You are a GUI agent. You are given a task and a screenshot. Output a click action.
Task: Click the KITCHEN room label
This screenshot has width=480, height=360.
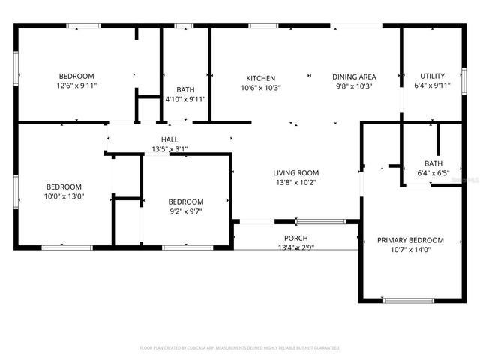261,78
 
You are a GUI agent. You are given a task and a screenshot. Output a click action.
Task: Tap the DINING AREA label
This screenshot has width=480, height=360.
354,76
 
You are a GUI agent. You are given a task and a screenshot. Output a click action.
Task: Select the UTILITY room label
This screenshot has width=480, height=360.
432,76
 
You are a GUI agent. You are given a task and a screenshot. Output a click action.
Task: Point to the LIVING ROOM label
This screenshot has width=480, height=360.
295,173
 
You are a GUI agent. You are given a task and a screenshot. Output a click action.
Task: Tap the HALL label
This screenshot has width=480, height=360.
169,139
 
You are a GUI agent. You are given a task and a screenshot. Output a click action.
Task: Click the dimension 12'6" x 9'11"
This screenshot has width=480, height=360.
76,85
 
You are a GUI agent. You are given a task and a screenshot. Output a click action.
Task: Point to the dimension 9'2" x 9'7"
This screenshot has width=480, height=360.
185,211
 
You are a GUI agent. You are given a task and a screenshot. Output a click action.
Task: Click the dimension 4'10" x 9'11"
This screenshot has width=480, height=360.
185,99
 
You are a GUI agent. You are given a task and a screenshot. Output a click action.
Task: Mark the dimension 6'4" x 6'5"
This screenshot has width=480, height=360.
433,173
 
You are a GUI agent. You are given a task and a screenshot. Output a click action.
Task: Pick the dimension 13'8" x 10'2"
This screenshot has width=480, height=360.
295,182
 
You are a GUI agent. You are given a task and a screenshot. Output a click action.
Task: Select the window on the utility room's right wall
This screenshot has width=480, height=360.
464,79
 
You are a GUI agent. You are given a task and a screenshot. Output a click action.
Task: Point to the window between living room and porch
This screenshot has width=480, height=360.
319,221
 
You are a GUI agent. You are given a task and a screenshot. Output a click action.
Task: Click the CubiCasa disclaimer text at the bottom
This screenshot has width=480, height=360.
240,348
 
